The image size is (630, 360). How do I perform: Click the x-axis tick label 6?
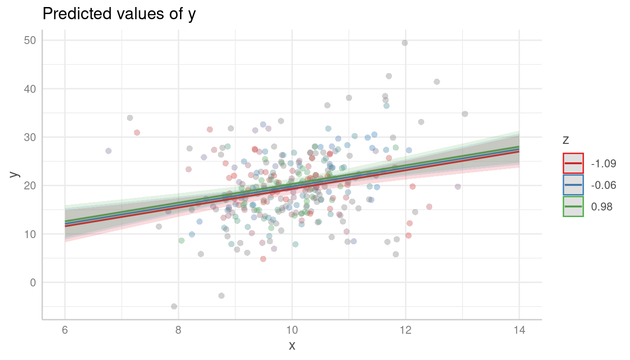tap(65, 330)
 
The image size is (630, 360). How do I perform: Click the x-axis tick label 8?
tap(178, 330)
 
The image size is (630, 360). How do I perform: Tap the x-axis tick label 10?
tap(292, 330)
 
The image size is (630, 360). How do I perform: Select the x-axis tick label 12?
tap(405, 330)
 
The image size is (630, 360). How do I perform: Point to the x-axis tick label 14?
tap(519, 330)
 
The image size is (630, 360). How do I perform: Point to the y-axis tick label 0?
tap(32, 282)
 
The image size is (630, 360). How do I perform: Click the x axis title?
tap(292, 346)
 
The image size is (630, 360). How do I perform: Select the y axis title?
tap(15, 174)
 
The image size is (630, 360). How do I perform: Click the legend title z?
tap(566, 140)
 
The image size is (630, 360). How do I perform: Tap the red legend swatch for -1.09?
tap(573, 164)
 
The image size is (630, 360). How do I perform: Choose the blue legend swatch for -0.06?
tap(573, 185)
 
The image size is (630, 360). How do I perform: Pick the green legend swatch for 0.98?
tap(573, 207)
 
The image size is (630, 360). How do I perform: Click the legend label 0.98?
tap(602, 207)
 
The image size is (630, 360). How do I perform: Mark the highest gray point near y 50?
tap(405, 43)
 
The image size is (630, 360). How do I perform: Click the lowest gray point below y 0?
tap(174, 306)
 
